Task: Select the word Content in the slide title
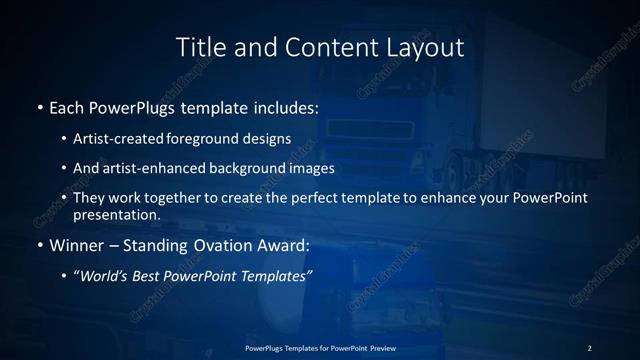[x=324, y=47]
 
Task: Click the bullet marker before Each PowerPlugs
[x=39, y=107]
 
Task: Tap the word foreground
[x=209, y=138]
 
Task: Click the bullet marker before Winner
[x=39, y=245]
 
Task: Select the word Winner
[x=75, y=245]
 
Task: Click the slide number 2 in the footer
[x=590, y=348]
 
